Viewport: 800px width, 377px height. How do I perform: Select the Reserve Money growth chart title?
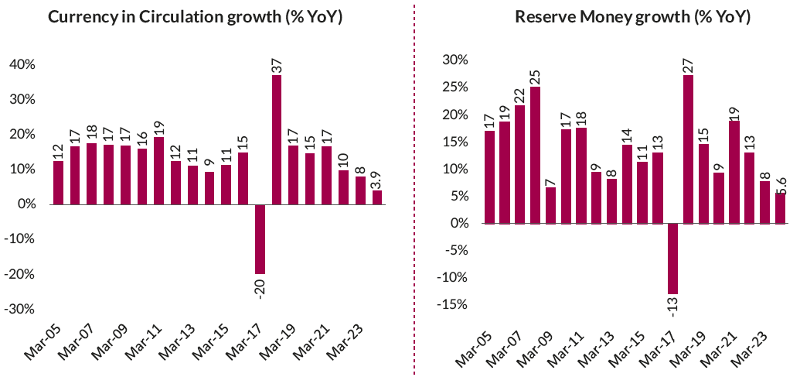coord(632,17)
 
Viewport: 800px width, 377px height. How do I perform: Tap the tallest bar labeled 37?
coord(277,139)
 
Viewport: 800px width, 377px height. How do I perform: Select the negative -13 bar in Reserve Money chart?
coord(672,259)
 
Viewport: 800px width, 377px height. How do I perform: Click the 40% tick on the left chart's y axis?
coord(21,65)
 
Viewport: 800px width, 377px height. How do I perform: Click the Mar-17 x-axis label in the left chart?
coord(246,344)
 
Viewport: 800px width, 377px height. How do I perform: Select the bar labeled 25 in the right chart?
coord(535,155)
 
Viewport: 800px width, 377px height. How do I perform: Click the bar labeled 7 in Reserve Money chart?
coord(551,205)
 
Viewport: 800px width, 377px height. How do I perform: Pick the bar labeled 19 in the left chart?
coord(159,170)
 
